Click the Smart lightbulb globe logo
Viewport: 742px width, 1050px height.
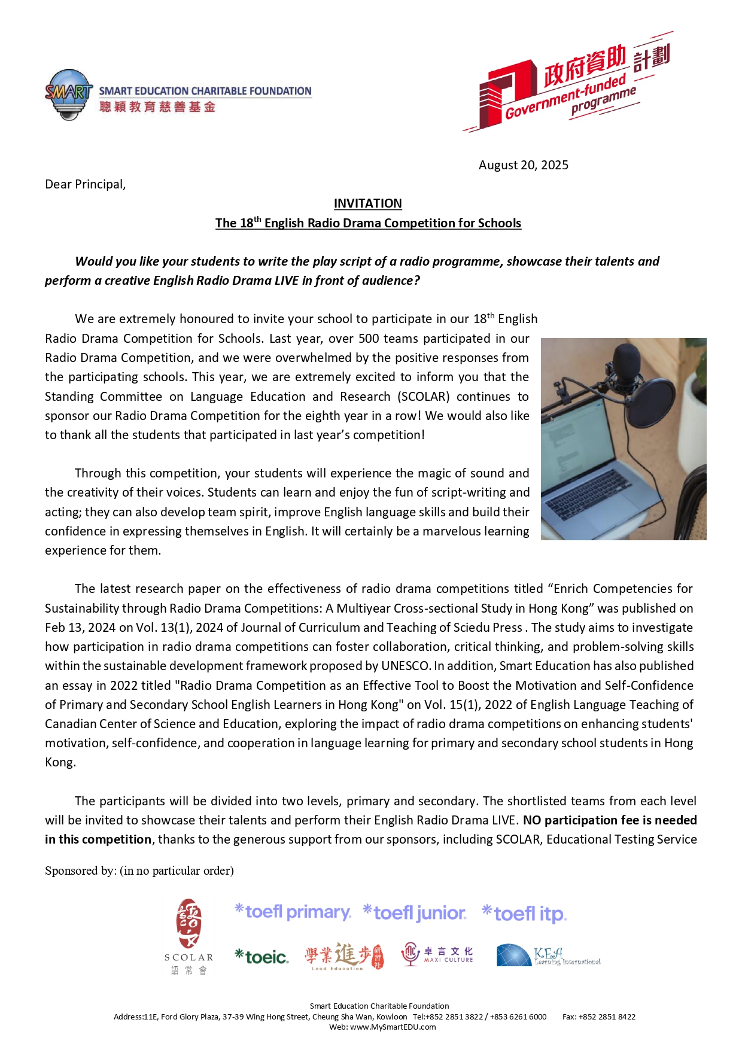(x=69, y=95)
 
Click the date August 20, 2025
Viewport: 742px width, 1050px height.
(x=523, y=165)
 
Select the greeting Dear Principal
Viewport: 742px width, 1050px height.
(x=86, y=184)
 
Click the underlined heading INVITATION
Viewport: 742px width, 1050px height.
(x=367, y=203)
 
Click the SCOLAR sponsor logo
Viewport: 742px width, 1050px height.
(x=188, y=936)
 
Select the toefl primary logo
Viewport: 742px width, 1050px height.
(x=293, y=912)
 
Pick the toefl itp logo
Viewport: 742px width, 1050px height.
(x=524, y=914)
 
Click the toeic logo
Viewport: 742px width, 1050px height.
(x=261, y=957)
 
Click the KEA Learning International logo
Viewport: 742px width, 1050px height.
(x=548, y=955)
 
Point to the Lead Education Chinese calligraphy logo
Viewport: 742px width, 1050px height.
(x=343, y=955)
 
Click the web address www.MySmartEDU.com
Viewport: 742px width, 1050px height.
(x=393, y=1027)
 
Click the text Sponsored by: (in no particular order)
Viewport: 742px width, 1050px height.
(x=139, y=871)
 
